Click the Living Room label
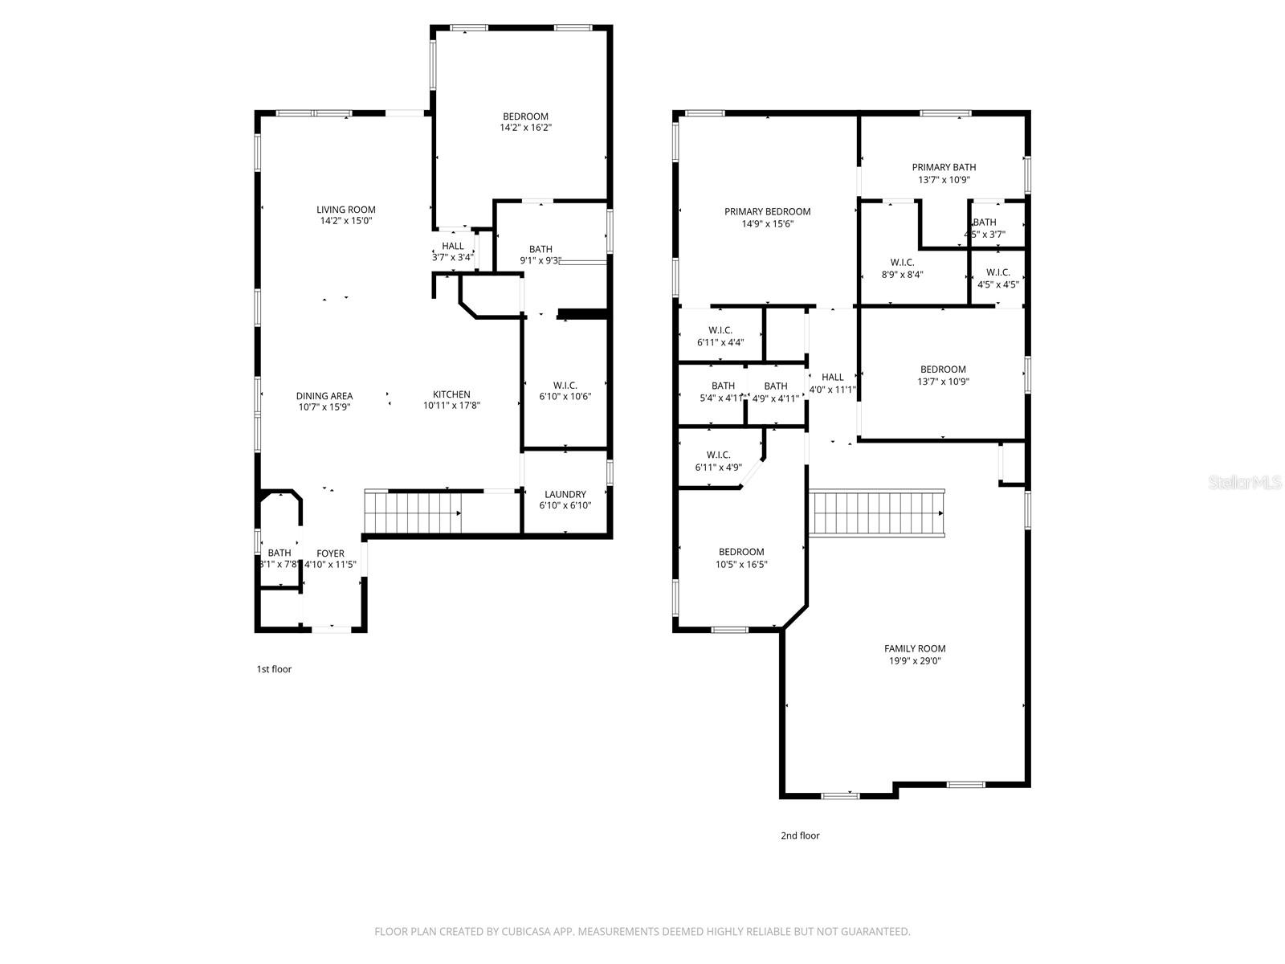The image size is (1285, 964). point(345,210)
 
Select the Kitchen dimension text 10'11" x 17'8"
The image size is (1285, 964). point(451,406)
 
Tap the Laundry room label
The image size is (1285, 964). point(565,494)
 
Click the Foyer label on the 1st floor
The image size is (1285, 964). point(330,553)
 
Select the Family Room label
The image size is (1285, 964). point(915,648)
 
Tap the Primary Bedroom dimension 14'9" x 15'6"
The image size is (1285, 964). point(767,224)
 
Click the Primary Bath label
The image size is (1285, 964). point(944,167)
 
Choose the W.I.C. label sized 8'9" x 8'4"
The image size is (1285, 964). point(902,262)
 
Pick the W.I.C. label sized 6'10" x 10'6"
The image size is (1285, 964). point(565,385)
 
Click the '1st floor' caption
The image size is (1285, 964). point(274,668)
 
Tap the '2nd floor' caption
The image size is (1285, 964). point(800,835)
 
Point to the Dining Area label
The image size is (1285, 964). point(324,395)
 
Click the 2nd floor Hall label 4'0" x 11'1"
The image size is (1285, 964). point(832,377)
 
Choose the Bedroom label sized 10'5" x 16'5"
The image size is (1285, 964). point(740,552)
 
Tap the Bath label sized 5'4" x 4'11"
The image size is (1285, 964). point(722,386)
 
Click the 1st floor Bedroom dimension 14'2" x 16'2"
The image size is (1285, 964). point(525,128)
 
